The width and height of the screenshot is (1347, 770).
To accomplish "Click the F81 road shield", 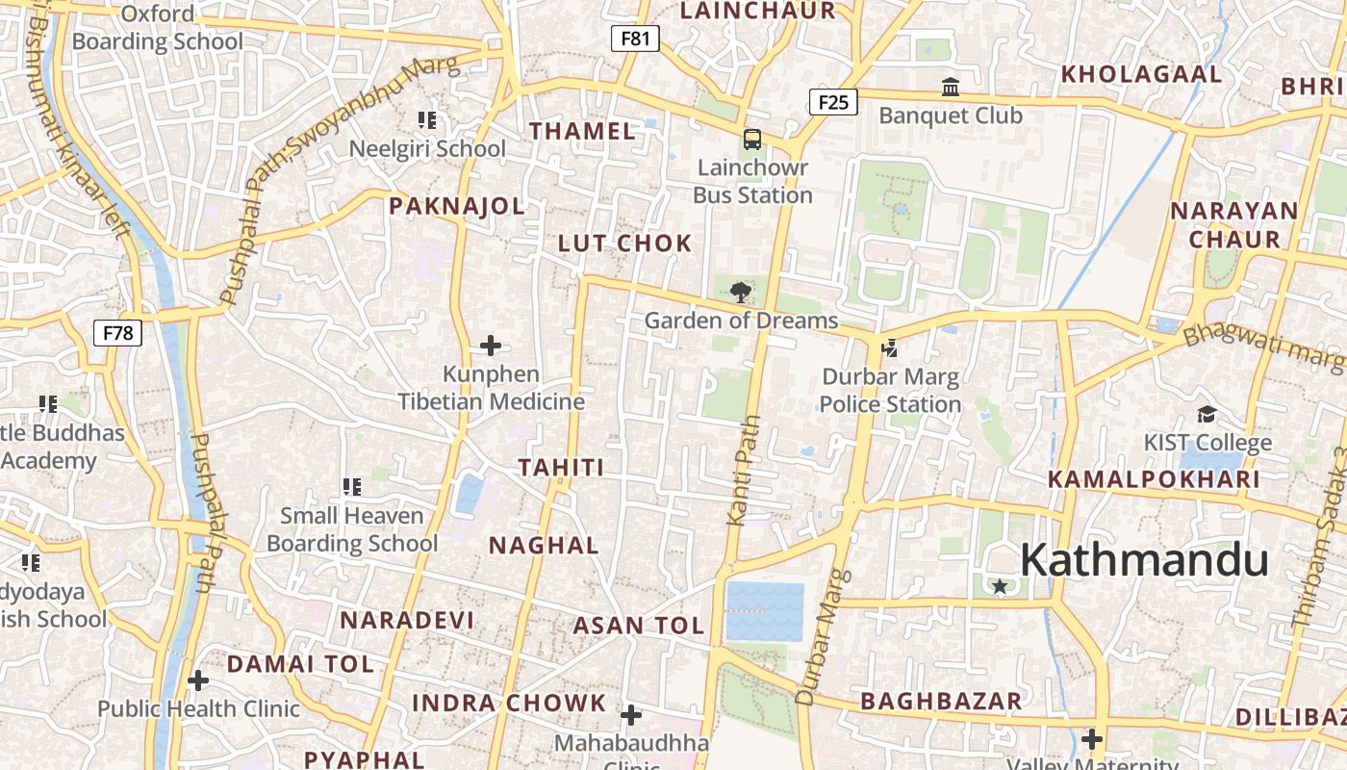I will coord(635,38).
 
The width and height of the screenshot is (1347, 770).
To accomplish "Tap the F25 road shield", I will coord(833,101).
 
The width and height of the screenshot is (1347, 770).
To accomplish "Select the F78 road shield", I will coord(118,333).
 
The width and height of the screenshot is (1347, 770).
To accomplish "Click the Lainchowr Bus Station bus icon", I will coord(752,140).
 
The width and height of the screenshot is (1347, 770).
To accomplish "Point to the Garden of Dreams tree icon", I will coord(740,292).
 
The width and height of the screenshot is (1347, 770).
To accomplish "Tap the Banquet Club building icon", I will coord(951,88).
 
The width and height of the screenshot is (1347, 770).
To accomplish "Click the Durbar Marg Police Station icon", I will coord(890,347).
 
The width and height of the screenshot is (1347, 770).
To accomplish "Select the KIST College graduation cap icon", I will coord(1207,415).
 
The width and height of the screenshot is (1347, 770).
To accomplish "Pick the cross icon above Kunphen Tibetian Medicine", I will coord(491,346).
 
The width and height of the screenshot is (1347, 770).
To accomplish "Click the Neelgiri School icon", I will coord(427,120).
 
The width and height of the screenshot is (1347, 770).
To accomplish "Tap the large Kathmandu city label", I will coord(1144,560).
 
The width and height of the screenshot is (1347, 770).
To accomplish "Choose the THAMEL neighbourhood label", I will coord(583,132).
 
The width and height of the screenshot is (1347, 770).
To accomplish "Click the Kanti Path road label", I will coord(744,471).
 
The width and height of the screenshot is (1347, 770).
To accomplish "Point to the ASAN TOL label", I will coord(639,626).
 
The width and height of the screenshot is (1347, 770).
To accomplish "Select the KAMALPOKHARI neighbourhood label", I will coord(1154,479).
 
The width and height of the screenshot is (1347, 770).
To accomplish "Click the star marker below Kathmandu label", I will coord(1000,585).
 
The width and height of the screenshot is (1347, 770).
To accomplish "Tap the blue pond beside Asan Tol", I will coord(765,611).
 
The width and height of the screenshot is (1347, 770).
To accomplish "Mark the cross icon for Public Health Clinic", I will coord(198,681).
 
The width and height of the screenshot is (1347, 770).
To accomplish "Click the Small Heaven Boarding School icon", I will coord(352,488).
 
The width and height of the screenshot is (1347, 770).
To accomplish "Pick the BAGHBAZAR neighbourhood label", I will coord(941,701).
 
